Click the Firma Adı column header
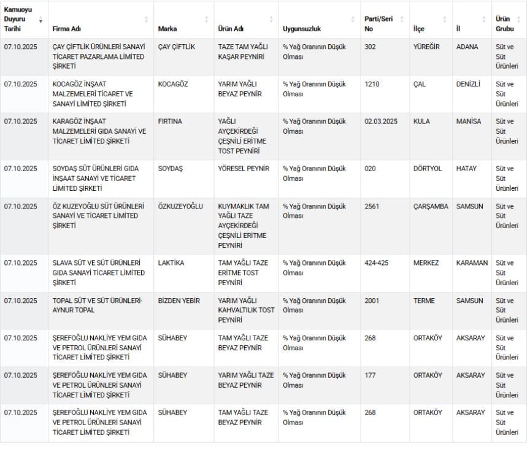(x=66, y=29)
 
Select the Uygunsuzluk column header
(x=302, y=29)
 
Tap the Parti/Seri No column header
(x=378, y=24)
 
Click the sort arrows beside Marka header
(x=206, y=20)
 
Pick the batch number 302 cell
(x=370, y=47)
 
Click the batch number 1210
(x=372, y=85)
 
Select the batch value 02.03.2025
(x=380, y=121)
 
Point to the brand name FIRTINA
(x=170, y=121)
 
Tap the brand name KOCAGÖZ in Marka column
(x=175, y=85)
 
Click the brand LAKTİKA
(x=171, y=263)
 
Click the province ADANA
(x=467, y=47)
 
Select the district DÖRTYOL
(x=428, y=169)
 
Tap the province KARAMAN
(x=472, y=263)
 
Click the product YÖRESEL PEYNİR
(x=244, y=169)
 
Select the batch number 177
(x=370, y=375)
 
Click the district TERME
(x=424, y=301)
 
